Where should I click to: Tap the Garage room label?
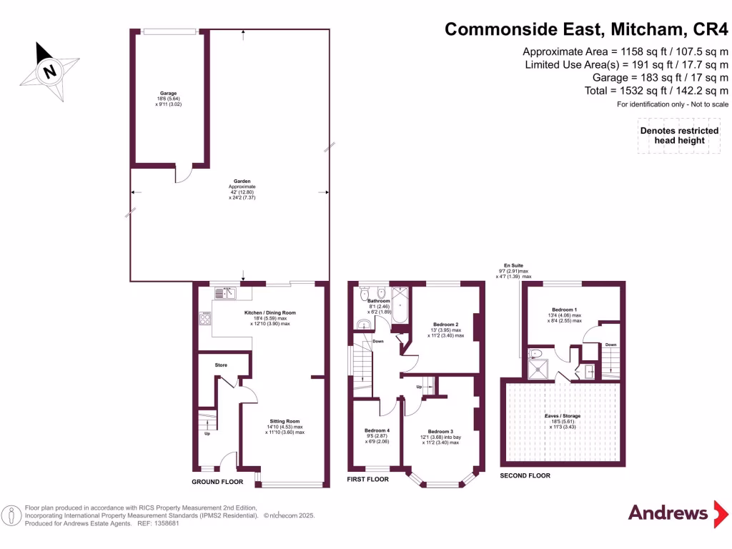click(168, 93)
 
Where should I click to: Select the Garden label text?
click(229, 182)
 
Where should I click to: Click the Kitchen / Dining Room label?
click(269, 313)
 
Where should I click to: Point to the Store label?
click(221, 365)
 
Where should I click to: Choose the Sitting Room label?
click(285, 422)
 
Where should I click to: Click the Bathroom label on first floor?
click(379, 301)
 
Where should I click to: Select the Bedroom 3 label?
click(440, 432)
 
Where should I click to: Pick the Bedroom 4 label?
click(377, 430)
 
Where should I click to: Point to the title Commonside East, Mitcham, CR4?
click(586, 29)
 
